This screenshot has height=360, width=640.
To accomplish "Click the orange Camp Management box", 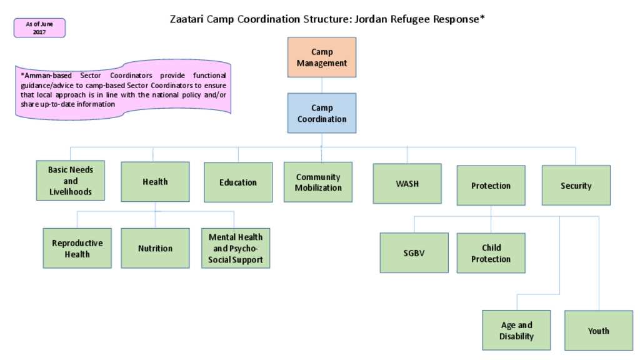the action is tap(322, 57).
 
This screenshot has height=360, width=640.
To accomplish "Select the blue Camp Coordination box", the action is tap(322, 113).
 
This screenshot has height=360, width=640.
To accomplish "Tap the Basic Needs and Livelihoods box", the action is tap(70, 181).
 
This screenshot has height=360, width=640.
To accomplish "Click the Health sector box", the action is tap(155, 182).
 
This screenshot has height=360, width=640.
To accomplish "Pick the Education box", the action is tap(238, 182).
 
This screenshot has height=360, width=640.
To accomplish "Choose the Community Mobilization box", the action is tap(318, 182).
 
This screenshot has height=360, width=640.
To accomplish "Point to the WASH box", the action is tap(407, 184).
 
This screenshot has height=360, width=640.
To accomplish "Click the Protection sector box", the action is tap(491, 185).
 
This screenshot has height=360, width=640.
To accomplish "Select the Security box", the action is tap(576, 185).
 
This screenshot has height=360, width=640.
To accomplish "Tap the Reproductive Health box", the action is tap(77, 248).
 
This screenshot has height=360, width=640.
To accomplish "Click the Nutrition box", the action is tap(155, 248).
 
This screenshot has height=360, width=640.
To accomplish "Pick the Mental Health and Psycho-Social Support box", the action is tap(236, 248).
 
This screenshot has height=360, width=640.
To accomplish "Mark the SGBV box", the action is tap(414, 252).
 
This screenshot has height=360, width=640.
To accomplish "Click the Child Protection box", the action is tap(491, 253).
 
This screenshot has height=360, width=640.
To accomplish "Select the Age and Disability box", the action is tap(516, 330).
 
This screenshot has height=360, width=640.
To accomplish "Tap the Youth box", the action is tap(599, 330).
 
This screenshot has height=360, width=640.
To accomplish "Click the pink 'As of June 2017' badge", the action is tap(39, 28).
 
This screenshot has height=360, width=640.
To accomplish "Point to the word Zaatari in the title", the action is tap(186, 19).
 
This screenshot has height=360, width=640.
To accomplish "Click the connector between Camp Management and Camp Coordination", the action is tap(322, 85).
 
